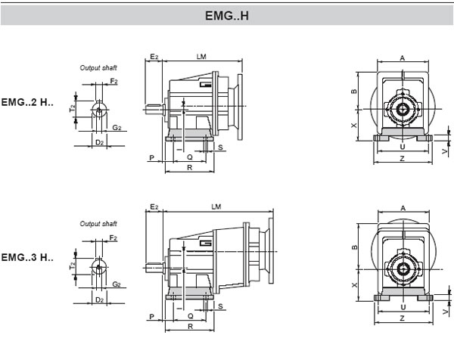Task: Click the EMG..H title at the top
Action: pyautogui.click(x=226, y=14)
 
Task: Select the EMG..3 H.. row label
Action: pyautogui.click(x=27, y=258)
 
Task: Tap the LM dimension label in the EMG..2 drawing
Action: pyautogui.click(x=201, y=57)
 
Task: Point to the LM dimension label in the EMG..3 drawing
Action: pyautogui.click(x=216, y=206)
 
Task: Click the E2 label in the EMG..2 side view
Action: pyautogui.click(x=154, y=57)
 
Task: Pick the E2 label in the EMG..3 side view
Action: pyautogui.click(x=154, y=206)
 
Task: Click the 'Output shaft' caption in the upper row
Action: pyautogui.click(x=98, y=67)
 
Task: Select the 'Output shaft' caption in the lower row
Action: pyautogui.click(x=98, y=224)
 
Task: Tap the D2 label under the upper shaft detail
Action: pyautogui.click(x=99, y=142)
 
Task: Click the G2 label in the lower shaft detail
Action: pyautogui.click(x=117, y=284)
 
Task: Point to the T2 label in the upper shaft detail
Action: pyautogui.click(x=73, y=108)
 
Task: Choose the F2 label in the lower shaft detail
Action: pyautogui.click(x=113, y=238)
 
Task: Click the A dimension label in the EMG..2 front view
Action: pyautogui.click(x=403, y=57)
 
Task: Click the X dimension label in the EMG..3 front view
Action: pyautogui.click(x=354, y=285)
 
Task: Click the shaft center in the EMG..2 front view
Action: pyautogui.click(x=403, y=110)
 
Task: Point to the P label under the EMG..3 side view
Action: pyautogui.click(x=152, y=316)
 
